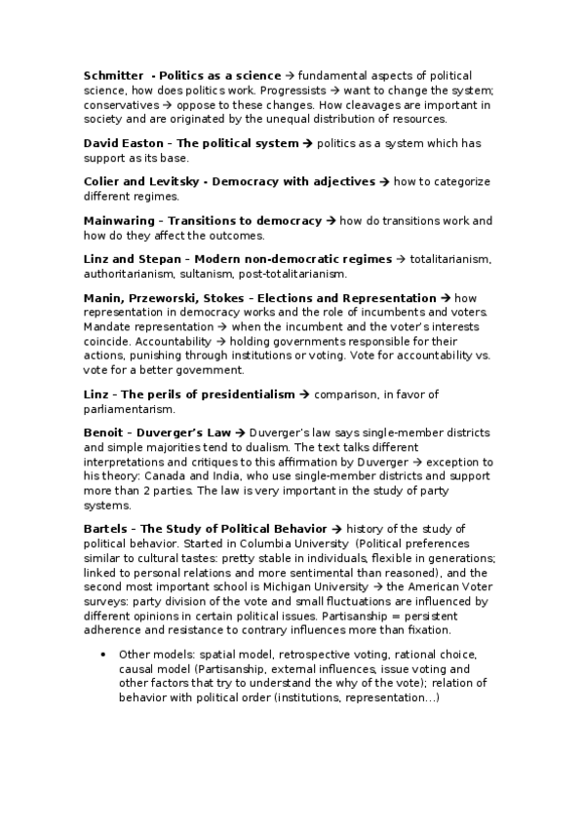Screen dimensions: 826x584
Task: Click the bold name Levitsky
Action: click(172, 182)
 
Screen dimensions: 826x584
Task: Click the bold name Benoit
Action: click(104, 432)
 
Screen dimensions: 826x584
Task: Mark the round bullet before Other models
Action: click(103, 655)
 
